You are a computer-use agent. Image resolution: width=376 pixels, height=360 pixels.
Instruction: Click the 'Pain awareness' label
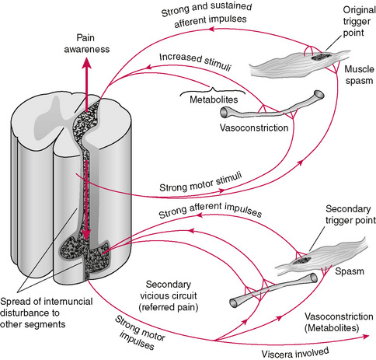click(87, 44)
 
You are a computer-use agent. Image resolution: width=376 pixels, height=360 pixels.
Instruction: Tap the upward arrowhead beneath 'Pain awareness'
click(86, 62)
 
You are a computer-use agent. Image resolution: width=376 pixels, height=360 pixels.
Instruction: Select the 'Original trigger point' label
click(359, 21)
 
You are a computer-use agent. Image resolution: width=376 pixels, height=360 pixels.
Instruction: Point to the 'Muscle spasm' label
click(359, 75)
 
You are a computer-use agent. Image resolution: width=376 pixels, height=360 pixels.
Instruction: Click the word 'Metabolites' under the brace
click(214, 100)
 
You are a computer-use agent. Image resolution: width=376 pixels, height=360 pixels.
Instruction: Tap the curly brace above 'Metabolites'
click(213, 91)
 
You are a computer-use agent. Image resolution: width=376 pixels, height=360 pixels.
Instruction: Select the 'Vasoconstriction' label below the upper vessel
click(254, 128)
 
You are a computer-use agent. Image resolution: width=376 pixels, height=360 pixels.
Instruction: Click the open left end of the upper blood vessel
click(224, 113)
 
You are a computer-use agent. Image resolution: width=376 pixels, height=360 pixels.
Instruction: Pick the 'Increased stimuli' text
click(195, 61)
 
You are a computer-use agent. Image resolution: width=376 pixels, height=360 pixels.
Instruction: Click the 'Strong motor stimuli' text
click(200, 182)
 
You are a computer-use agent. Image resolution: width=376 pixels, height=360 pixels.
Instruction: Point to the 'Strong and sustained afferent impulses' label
click(207, 15)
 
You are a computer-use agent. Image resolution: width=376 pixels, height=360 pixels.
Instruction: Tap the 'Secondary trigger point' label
click(350, 215)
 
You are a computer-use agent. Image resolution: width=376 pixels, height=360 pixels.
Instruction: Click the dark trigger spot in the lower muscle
click(301, 260)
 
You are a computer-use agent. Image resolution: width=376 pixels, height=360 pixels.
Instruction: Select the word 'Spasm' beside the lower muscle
click(350, 271)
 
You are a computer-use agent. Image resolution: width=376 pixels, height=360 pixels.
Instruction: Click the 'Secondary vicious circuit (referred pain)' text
click(169, 295)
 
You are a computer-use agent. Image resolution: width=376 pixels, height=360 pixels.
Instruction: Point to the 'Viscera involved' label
click(295, 353)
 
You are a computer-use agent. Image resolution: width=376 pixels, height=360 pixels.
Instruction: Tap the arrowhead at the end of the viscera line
click(365, 337)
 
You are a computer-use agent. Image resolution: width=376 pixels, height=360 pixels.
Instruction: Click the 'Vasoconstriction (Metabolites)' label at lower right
click(339, 322)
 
